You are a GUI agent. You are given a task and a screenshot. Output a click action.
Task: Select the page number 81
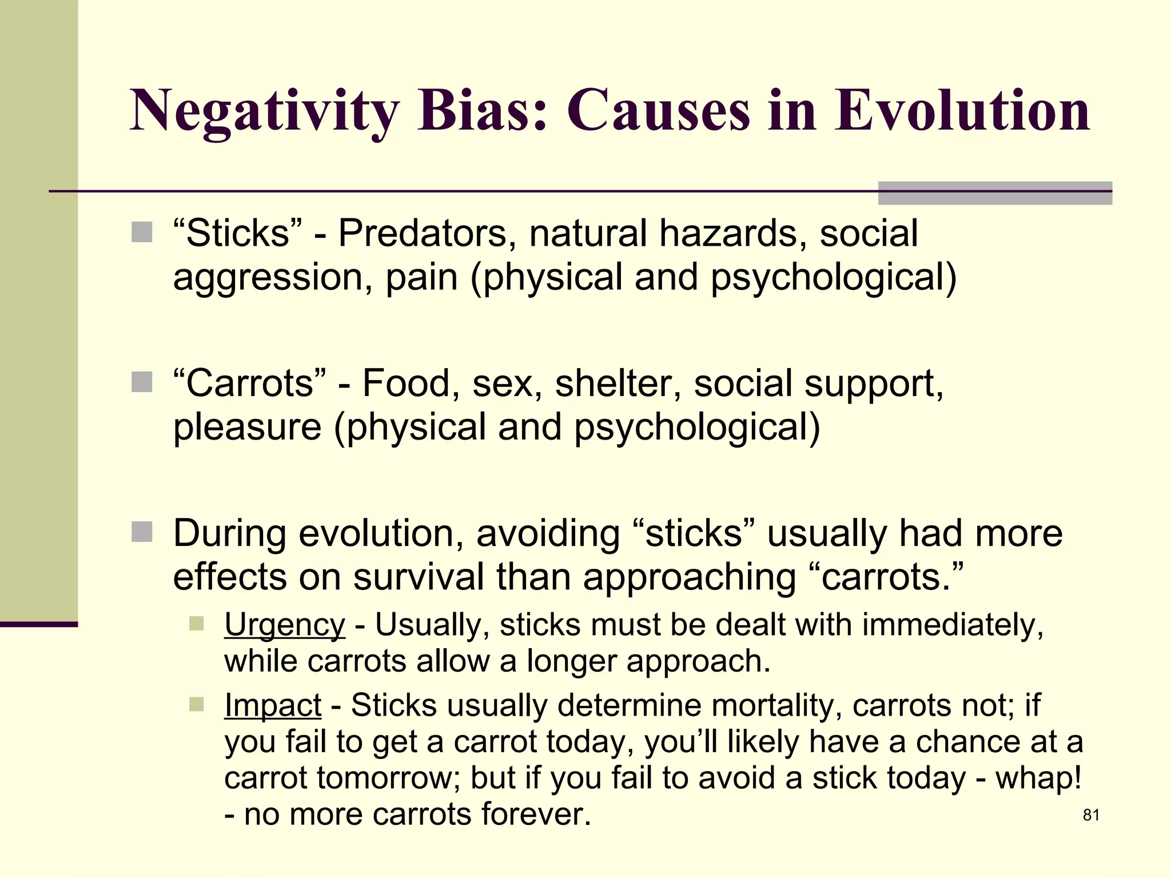[1091, 815]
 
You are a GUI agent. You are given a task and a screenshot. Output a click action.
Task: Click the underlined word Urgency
[284, 625]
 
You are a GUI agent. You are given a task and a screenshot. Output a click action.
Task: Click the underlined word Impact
[272, 705]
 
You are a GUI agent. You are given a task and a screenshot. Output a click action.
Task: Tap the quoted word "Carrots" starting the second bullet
[249, 383]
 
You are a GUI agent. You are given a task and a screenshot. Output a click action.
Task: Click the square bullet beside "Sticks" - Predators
[142, 233]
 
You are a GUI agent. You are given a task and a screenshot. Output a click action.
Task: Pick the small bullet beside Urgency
[196, 623]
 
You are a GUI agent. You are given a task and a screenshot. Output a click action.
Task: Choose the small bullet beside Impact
[196, 704]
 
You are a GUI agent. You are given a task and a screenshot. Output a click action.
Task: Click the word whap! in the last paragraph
[1038, 778]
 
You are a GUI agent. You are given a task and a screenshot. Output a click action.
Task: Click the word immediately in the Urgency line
[953, 625]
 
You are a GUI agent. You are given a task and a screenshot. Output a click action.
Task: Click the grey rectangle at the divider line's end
[994, 193]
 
